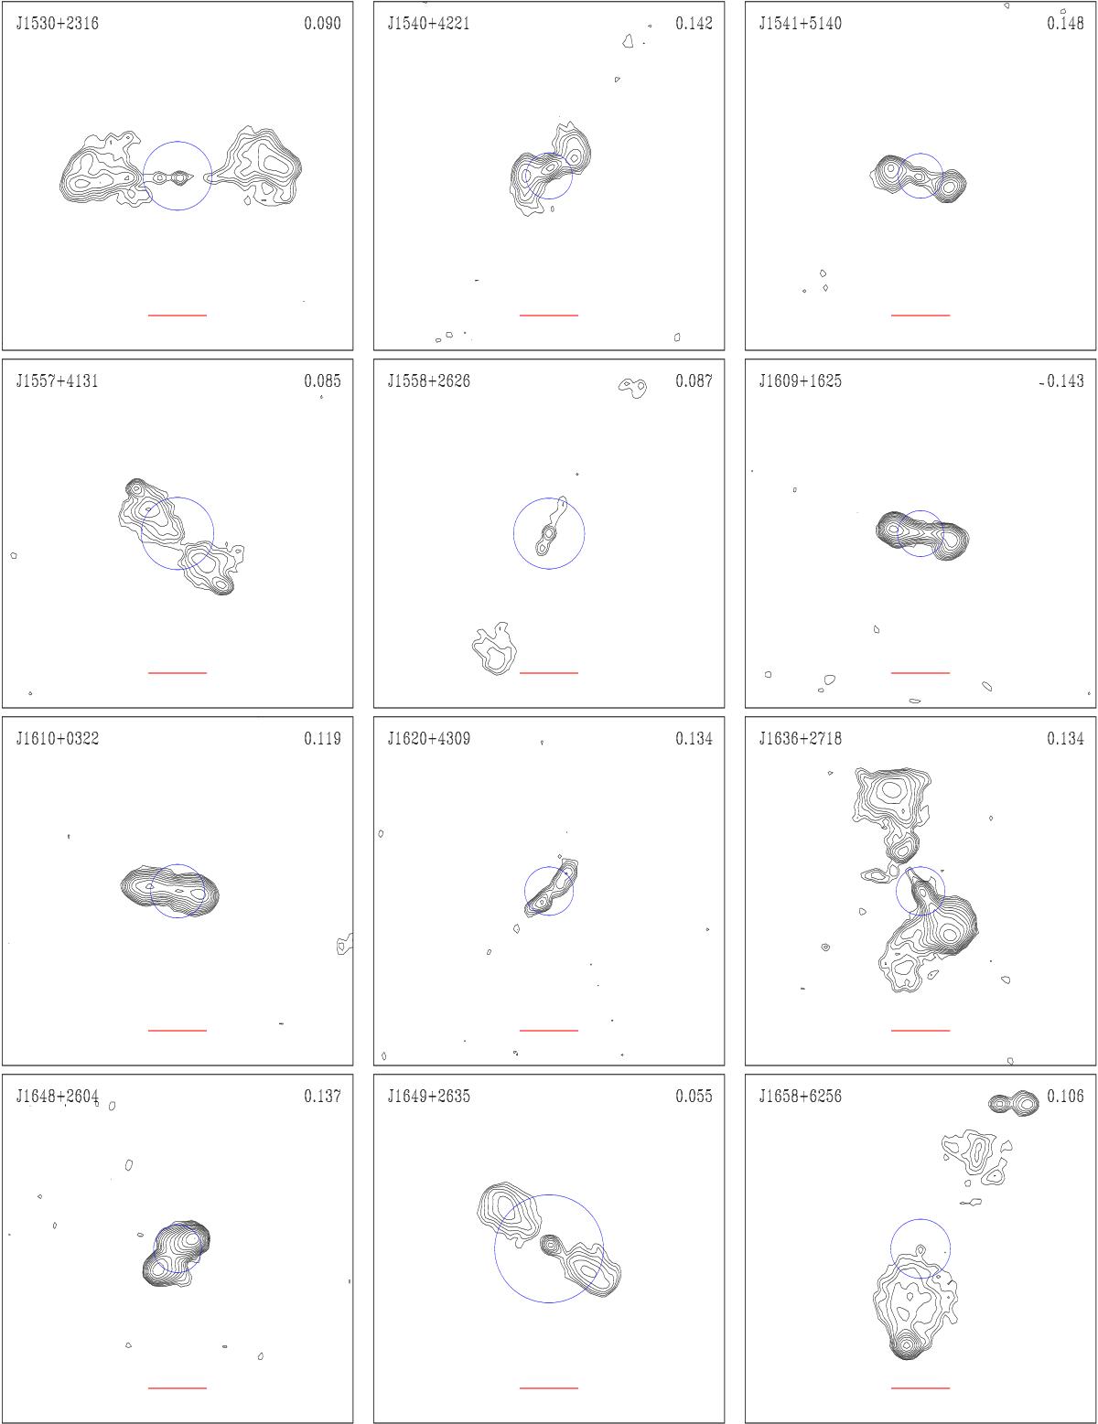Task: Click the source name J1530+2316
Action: [x=58, y=24]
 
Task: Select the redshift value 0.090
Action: [x=322, y=24]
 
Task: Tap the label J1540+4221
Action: [x=429, y=24]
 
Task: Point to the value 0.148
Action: [x=1065, y=24]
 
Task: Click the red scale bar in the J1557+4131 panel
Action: [x=177, y=672]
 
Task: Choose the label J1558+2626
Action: [x=429, y=381]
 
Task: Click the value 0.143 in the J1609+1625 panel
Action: [x=1065, y=381]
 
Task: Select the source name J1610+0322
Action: [x=58, y=739]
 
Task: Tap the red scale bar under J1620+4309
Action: [x=549, y=1030]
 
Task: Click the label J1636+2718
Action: [x=801, y=739]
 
